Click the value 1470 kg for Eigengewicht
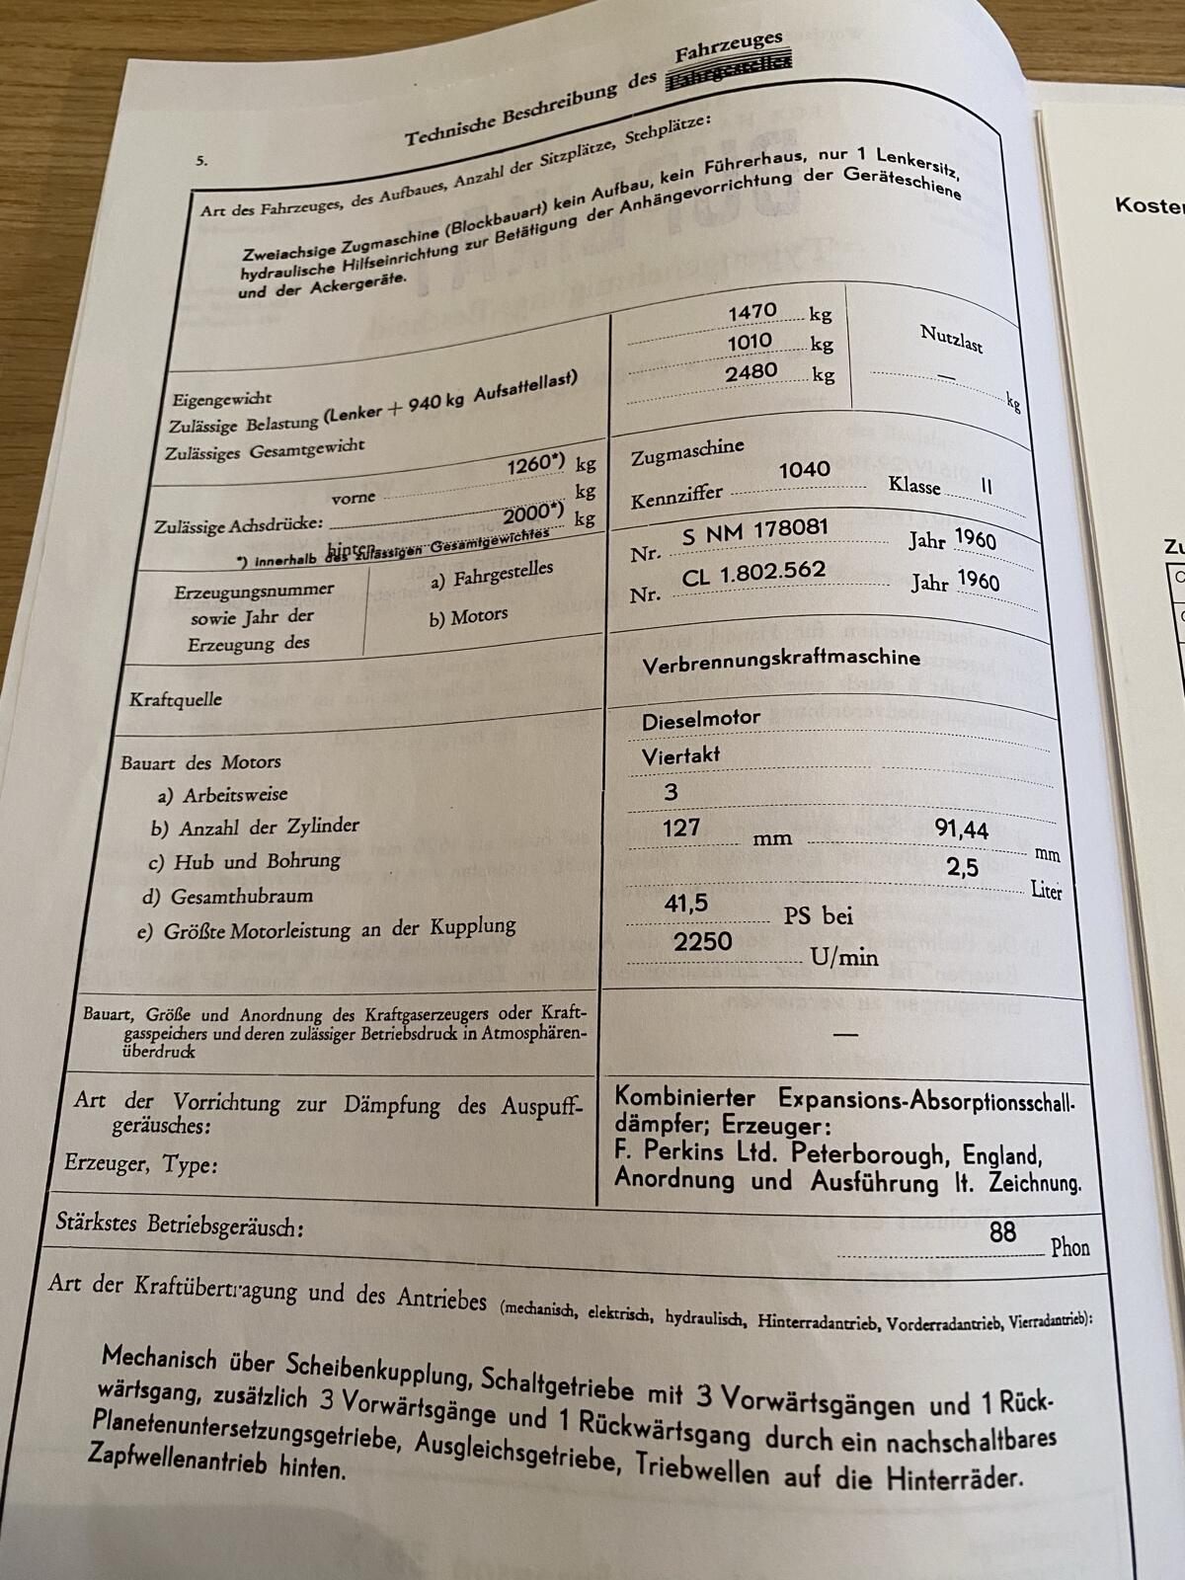click(752, 312)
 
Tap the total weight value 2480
click(751, 372)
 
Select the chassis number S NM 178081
click(754, 531)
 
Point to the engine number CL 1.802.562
click(753, 573)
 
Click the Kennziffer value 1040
click(804, 470)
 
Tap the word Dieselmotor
click(701, 720)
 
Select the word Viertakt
click(681, 756)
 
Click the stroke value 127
click(681, 828)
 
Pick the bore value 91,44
click(961, 829)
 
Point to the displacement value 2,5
click(962, 867)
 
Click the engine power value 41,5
click(686, 904)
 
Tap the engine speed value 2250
click(703, 941)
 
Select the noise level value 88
click(1002, 1231)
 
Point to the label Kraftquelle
click(176, 700)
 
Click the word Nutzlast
click(951, 339)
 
